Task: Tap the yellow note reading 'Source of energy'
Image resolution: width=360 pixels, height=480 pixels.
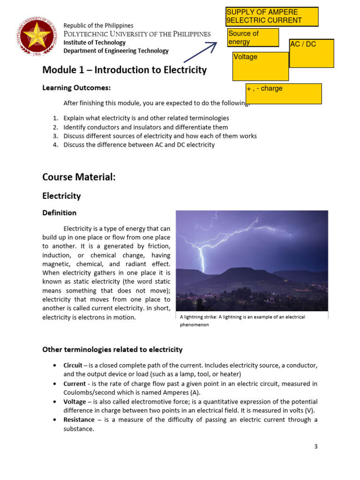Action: point(253,37)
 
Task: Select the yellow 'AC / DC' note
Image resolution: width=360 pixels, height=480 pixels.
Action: point(312,53)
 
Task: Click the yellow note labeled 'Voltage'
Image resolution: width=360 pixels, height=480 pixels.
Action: point(261,66)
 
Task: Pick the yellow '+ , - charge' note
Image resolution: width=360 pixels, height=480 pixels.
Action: point(284,93)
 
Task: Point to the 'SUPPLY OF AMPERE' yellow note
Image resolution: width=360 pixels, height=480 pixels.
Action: point(272,16)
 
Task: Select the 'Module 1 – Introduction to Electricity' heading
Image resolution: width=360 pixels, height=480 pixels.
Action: point(124,70)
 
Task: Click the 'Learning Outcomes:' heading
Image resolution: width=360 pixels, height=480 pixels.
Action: point(77,88)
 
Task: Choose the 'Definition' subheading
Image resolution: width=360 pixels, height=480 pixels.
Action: point(60,213)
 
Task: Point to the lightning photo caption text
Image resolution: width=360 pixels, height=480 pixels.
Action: point(242,321)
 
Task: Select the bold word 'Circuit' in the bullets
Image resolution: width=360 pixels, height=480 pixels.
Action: point(73,365)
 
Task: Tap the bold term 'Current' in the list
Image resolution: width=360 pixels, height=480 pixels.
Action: point(75,383)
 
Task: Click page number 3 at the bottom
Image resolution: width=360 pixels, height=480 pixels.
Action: point(316,447)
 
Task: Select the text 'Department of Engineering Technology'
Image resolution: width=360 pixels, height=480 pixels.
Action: point(116,51)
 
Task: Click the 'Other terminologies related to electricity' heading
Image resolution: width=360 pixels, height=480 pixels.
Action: point(112,350)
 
